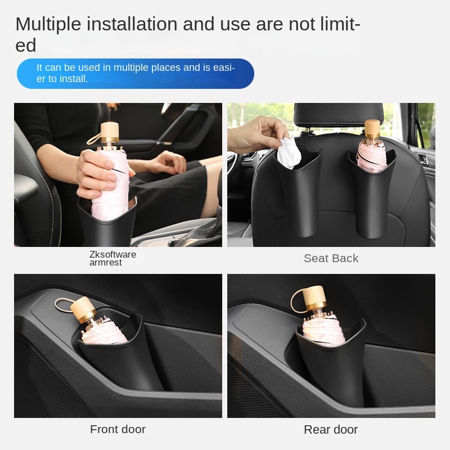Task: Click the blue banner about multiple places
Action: point(135,73)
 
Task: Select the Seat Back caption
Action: point(331,258)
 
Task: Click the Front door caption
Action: point(118,429)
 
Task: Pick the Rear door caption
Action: point(331,429)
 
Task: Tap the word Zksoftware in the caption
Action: point(112,254)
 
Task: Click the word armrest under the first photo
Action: point(105,263)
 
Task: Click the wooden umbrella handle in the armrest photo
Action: point(109,133)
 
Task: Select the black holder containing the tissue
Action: point(298,191)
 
